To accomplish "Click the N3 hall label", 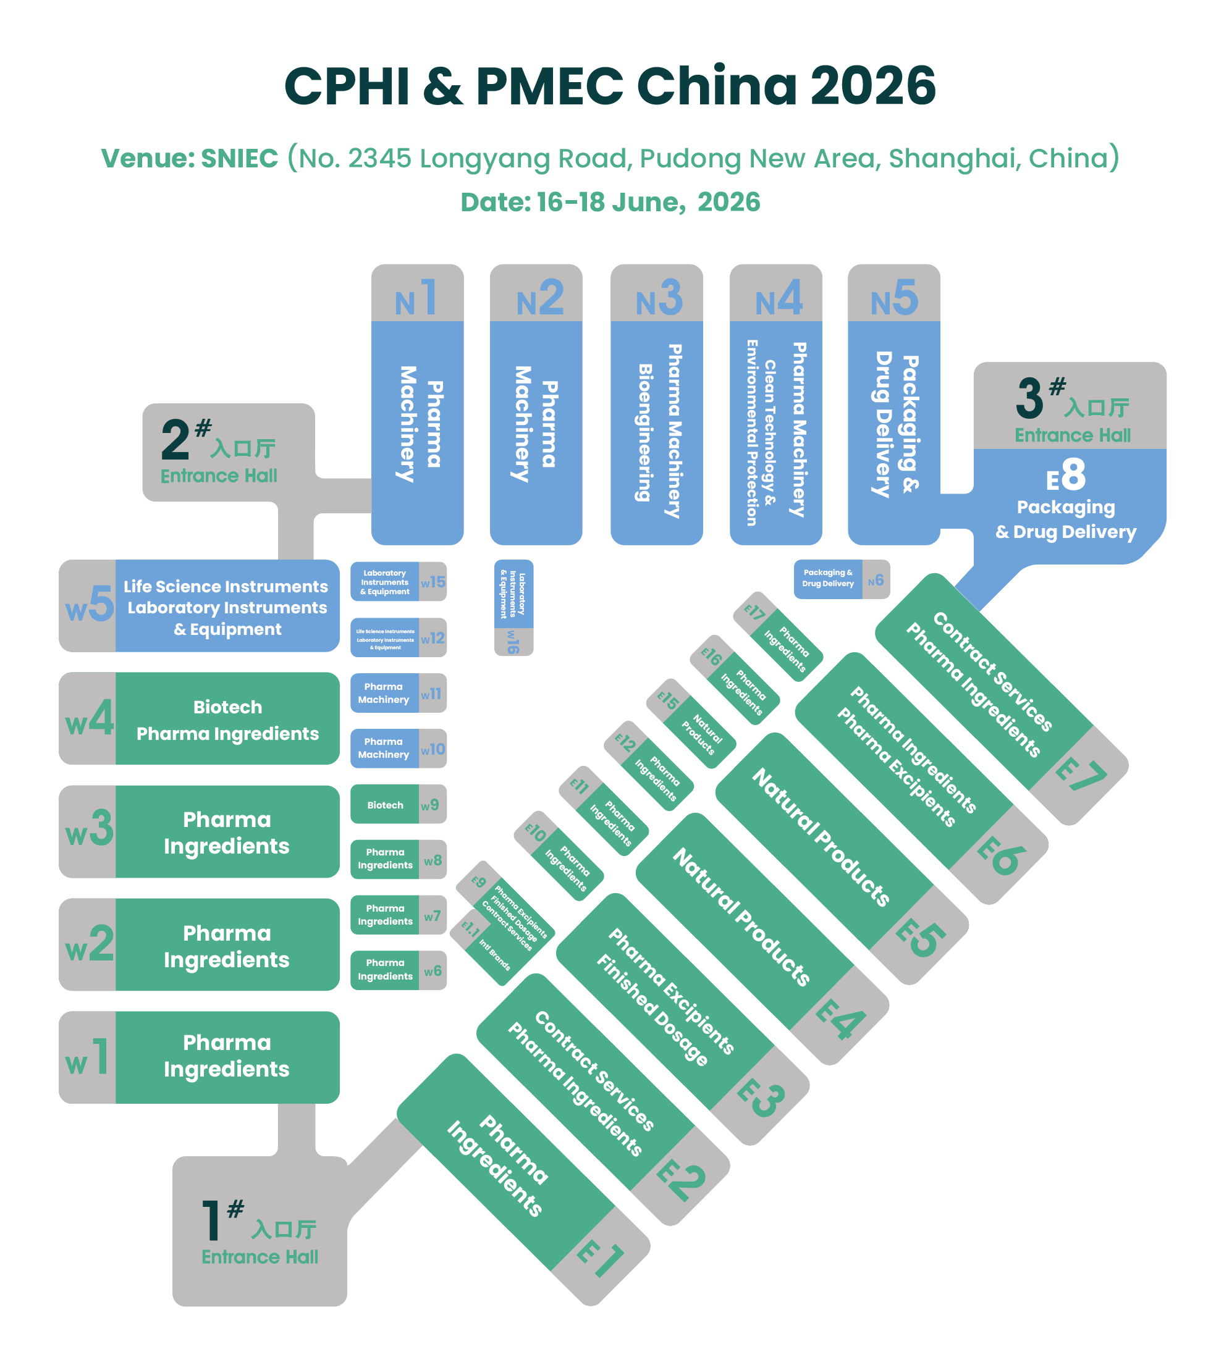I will (x=658, y=298).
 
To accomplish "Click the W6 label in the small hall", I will (x=433, y=970).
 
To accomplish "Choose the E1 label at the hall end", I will (x=600, y=1258).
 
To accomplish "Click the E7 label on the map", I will (x=1079, y=775).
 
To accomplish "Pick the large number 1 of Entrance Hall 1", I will (x=211, y=1220).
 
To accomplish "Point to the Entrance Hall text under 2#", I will (x=219, y=476).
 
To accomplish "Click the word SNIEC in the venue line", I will (x=239, y=159).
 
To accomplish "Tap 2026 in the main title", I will (x=872, y=85).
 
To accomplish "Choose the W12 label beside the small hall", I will (x=433, y=638).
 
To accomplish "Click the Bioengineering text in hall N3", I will (x=644, y=432).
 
